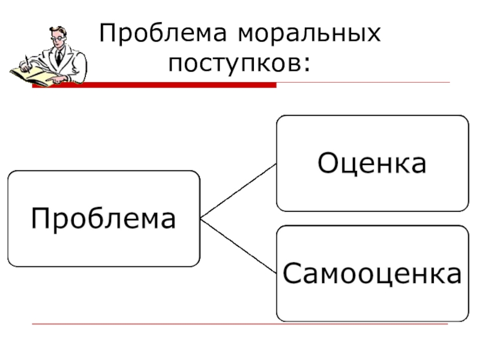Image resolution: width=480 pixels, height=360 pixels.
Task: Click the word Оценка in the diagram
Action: (x=372, y=163)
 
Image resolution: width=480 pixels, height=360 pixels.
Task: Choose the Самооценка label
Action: (x=372, y=274)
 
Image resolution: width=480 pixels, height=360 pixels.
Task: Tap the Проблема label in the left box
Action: (x=103, y=219)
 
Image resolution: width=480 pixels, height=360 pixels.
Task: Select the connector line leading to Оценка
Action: (x=238, y=191)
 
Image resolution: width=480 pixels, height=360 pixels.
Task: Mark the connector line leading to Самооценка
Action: (x=238, y=247)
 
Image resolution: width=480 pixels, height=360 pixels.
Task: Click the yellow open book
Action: (x=33, y=75)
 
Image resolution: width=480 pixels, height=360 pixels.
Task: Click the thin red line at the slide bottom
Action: (x=240, y=325)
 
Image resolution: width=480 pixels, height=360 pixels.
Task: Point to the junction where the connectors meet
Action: (x=200, y=219)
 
